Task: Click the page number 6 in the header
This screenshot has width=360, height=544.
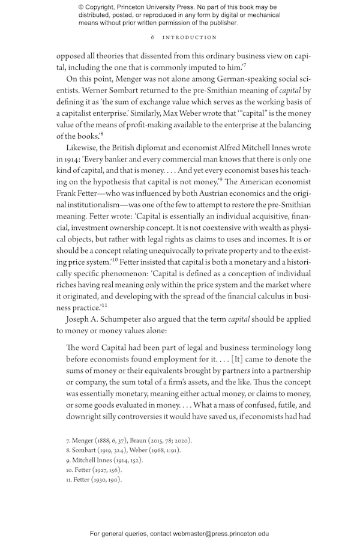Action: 153,37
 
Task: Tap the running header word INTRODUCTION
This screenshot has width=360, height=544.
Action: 190,37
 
